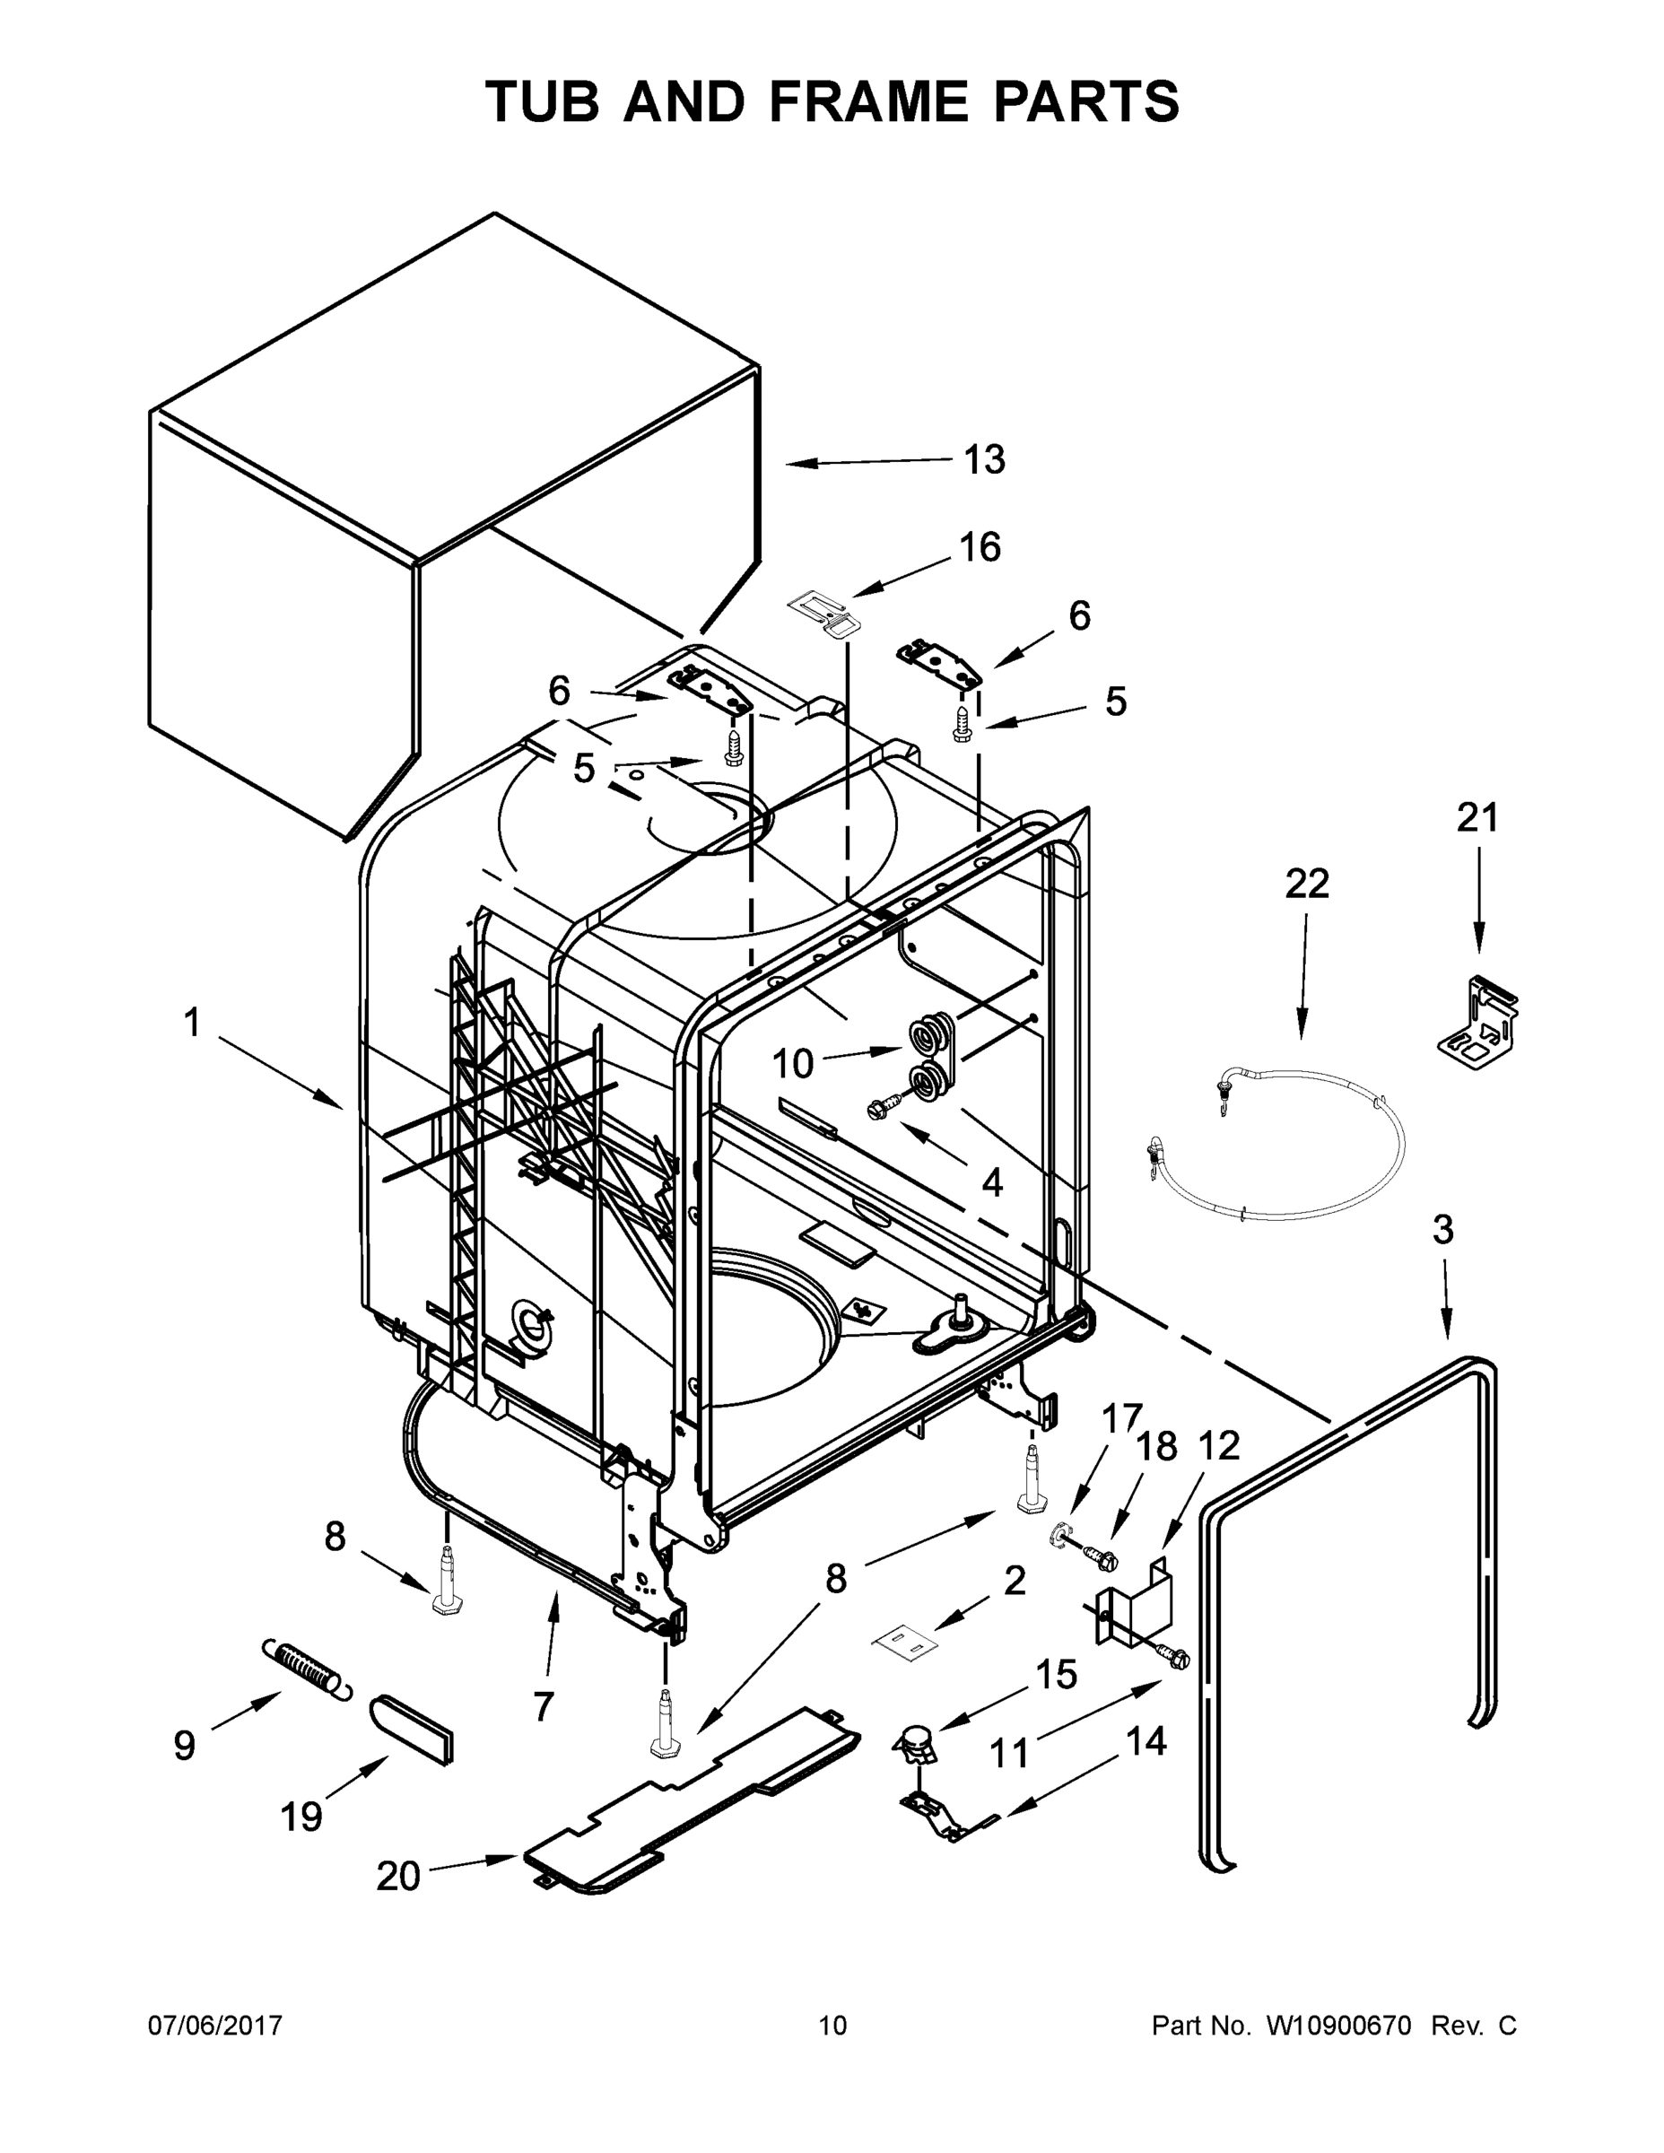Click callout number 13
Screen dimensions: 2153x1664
[984, 459]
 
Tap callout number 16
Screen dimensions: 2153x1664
[980, 547]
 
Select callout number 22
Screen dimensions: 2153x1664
[1306, 884]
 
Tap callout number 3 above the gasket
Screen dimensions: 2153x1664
[1442, 1229]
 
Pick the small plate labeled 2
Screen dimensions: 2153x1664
[905, 1642]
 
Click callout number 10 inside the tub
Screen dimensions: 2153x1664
[793, 1064]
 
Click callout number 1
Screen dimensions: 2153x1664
[192, 1024]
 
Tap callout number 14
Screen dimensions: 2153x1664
[1146, 1742]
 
